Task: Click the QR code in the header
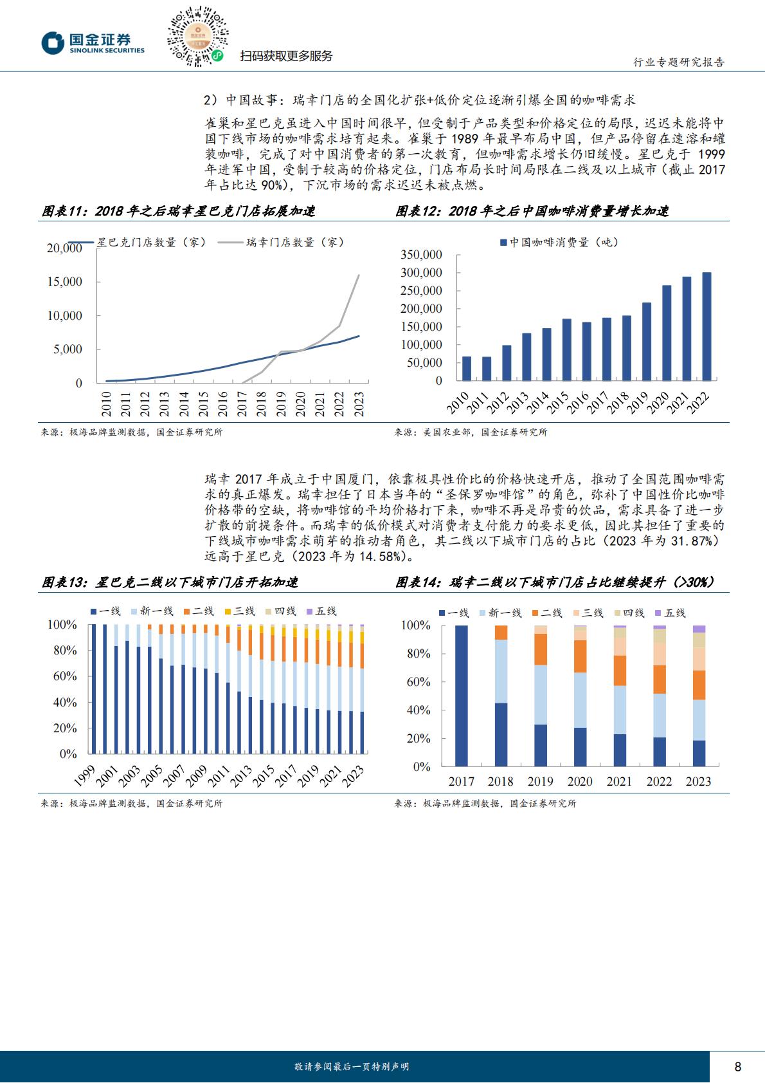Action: coord(197,36)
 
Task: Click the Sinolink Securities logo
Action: coord(93,43)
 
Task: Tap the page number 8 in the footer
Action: coord(737,1066)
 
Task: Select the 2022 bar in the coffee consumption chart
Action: coord(706,326)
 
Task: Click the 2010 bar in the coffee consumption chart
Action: coord(467,369)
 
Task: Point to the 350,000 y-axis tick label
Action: coord(421,255)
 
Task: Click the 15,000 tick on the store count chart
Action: coord(65,282)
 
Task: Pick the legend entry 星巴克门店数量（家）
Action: coord(137,242)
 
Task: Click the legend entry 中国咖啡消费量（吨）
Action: coord(559,242)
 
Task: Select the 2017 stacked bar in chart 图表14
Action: coord(461,695)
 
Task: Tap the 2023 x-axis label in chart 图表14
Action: coord(698,781)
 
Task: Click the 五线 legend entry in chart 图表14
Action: coord(670,613)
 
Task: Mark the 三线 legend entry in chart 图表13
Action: coord(240,611)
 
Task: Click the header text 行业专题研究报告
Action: coord(679,62)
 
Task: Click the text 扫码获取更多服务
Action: coord(286,56)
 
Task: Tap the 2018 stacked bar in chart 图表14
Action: coord(501,695)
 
